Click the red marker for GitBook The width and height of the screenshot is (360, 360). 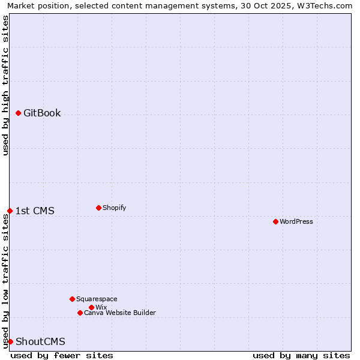(x=18, y=113)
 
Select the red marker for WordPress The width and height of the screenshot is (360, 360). (x=275, y=221)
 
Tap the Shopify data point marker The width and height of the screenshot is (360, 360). (x=98, y=208)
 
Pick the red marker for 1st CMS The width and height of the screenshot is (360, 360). (x=10, y=211)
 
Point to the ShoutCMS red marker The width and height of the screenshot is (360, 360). (x=10, y=341)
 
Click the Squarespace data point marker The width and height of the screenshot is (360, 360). (x=72, y=299)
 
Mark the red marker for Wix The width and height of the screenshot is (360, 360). (x=91, y=307)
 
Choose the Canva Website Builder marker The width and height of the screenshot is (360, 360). (x=80, y=313)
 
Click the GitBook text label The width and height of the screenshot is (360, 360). (x=42, y=113)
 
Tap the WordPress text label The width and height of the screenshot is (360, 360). (x=296, y=221)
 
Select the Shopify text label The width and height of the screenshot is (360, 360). (x=114, y=208)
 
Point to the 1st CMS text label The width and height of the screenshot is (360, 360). (x=35, y=211)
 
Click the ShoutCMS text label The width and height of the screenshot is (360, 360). (x=40, y=341)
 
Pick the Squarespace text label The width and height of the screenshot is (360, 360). (x=97, y=299)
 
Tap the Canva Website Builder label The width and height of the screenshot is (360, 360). (x=120, y=313)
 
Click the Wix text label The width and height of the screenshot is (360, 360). (x=101, y=307)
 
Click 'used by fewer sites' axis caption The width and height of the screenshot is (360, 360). (x=62, y=355)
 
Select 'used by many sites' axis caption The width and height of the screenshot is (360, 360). (x=301, y=355)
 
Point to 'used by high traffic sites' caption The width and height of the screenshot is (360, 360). (x=5, y=85)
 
